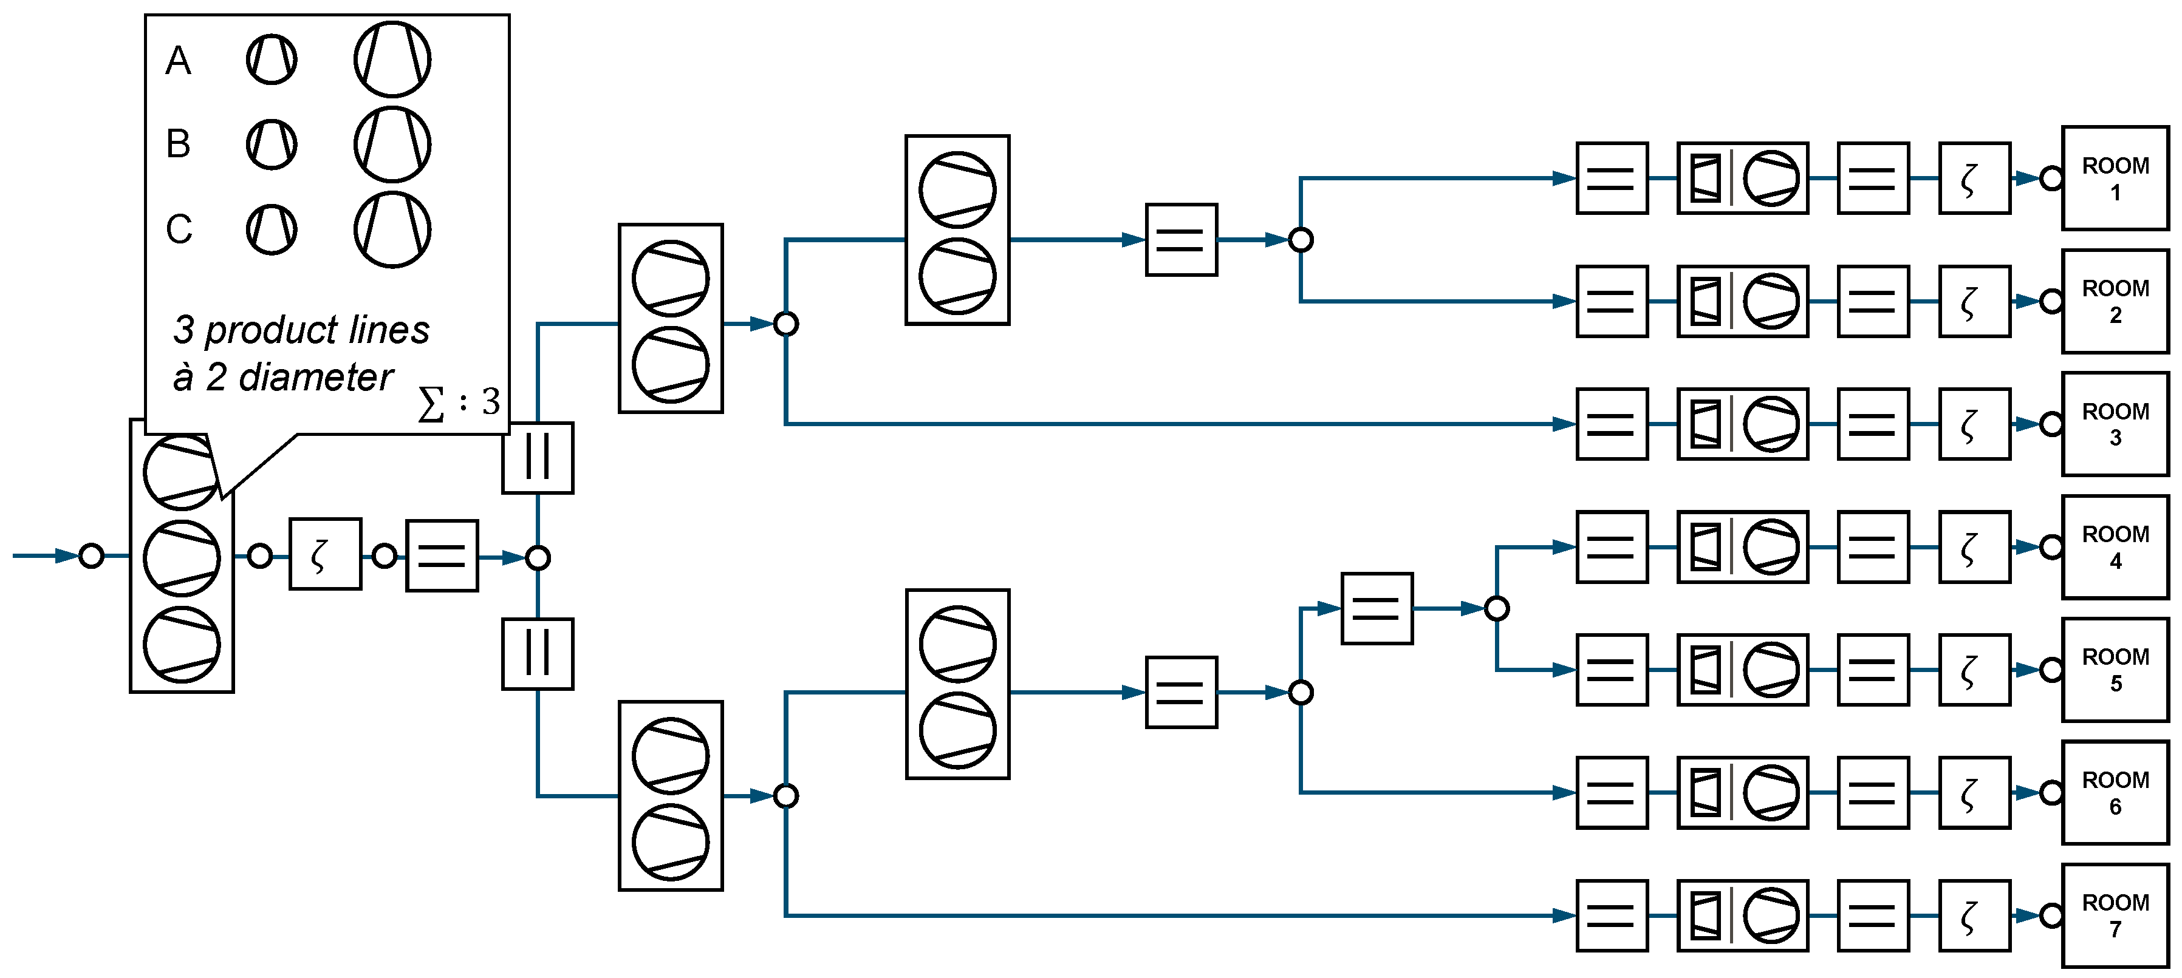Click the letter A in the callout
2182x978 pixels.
coord(178,61)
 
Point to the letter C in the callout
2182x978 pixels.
coord(179,229)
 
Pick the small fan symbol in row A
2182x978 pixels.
coord(271,59)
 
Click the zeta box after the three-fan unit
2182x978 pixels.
coord(325,555)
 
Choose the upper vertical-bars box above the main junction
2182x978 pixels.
coord(538,457)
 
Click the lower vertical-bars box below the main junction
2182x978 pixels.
coord(538,654)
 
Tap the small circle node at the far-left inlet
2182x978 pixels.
coord(92,555)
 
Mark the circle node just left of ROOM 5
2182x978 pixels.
coord(2051,670)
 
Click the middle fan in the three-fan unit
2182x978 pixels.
coord(181,558)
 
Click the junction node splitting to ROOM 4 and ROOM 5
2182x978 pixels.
coord(1497,608)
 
